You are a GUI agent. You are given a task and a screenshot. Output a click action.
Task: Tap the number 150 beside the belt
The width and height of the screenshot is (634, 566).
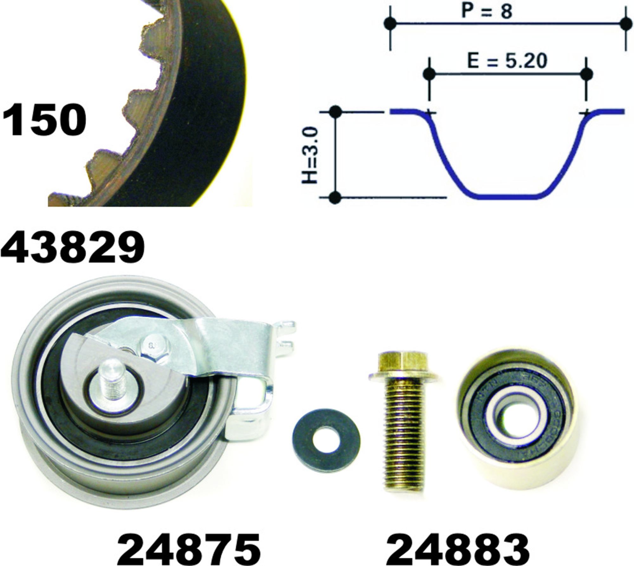click(44, 120)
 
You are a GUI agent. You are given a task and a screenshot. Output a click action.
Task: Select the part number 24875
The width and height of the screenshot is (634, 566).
click(189, 548)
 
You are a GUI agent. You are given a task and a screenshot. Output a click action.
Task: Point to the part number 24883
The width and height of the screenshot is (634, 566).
click(458, 548)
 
